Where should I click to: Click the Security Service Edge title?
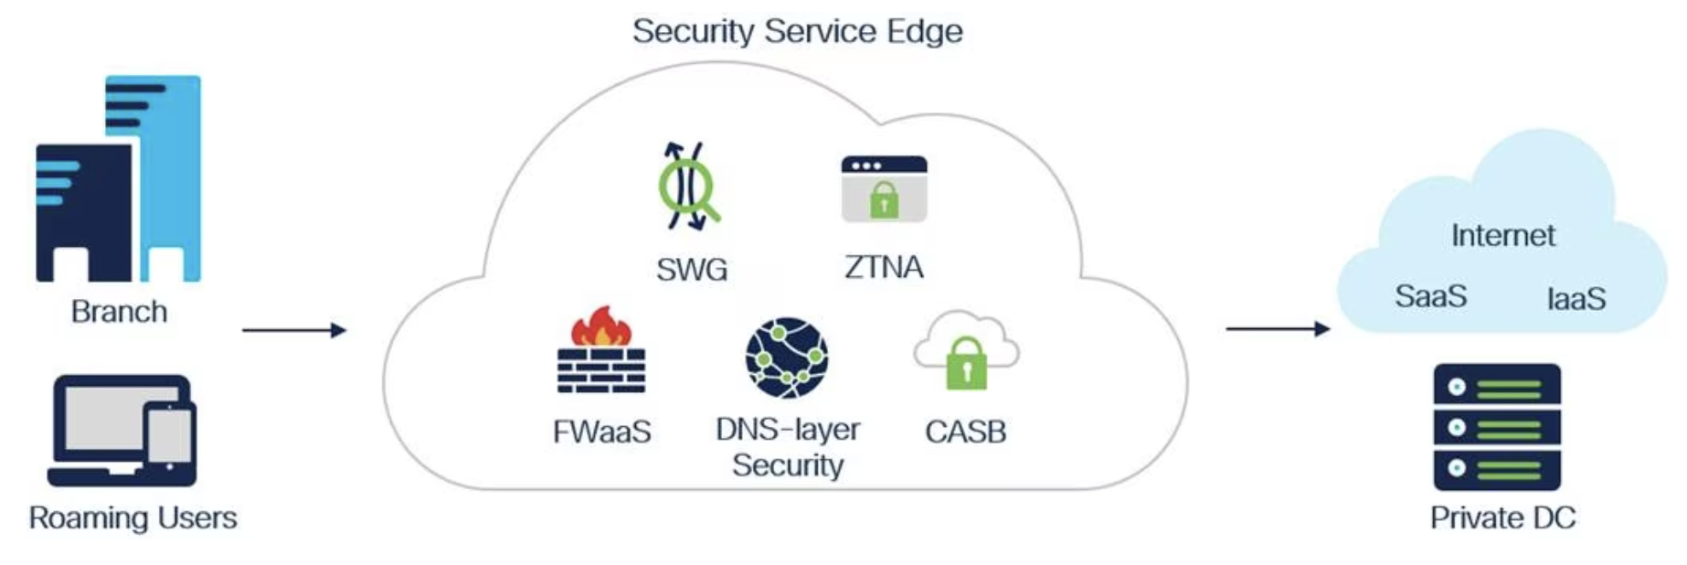(x=797, y=31)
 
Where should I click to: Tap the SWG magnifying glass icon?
(x=689, y=187)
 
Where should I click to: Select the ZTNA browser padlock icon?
(x=884, y=189)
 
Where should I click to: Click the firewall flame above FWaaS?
(x=601, y=327)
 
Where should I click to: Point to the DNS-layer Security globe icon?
(x=787, y=357)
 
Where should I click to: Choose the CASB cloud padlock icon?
(x=966, y=352)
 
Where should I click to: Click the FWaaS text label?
(x=601, y=432)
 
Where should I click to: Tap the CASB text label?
(x=965, y=432)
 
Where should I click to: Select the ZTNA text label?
(x=884, y=268)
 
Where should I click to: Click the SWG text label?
(x=692, y=270)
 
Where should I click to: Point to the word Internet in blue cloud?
(x=1502, y=236)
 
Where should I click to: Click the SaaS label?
(x=1430, y=296)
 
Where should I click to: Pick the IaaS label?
(x=1576, y=299)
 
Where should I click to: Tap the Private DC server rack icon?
(x=1497, y=427)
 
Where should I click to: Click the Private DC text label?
(x=1502, y=518)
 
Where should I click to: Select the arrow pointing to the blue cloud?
(x=1277, y=328)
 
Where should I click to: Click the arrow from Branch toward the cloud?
(x=293, y=330)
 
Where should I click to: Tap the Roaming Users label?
(x=133, y=518)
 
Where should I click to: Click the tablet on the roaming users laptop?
(x=171, y=436)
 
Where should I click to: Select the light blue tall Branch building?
(x=169, y=174)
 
